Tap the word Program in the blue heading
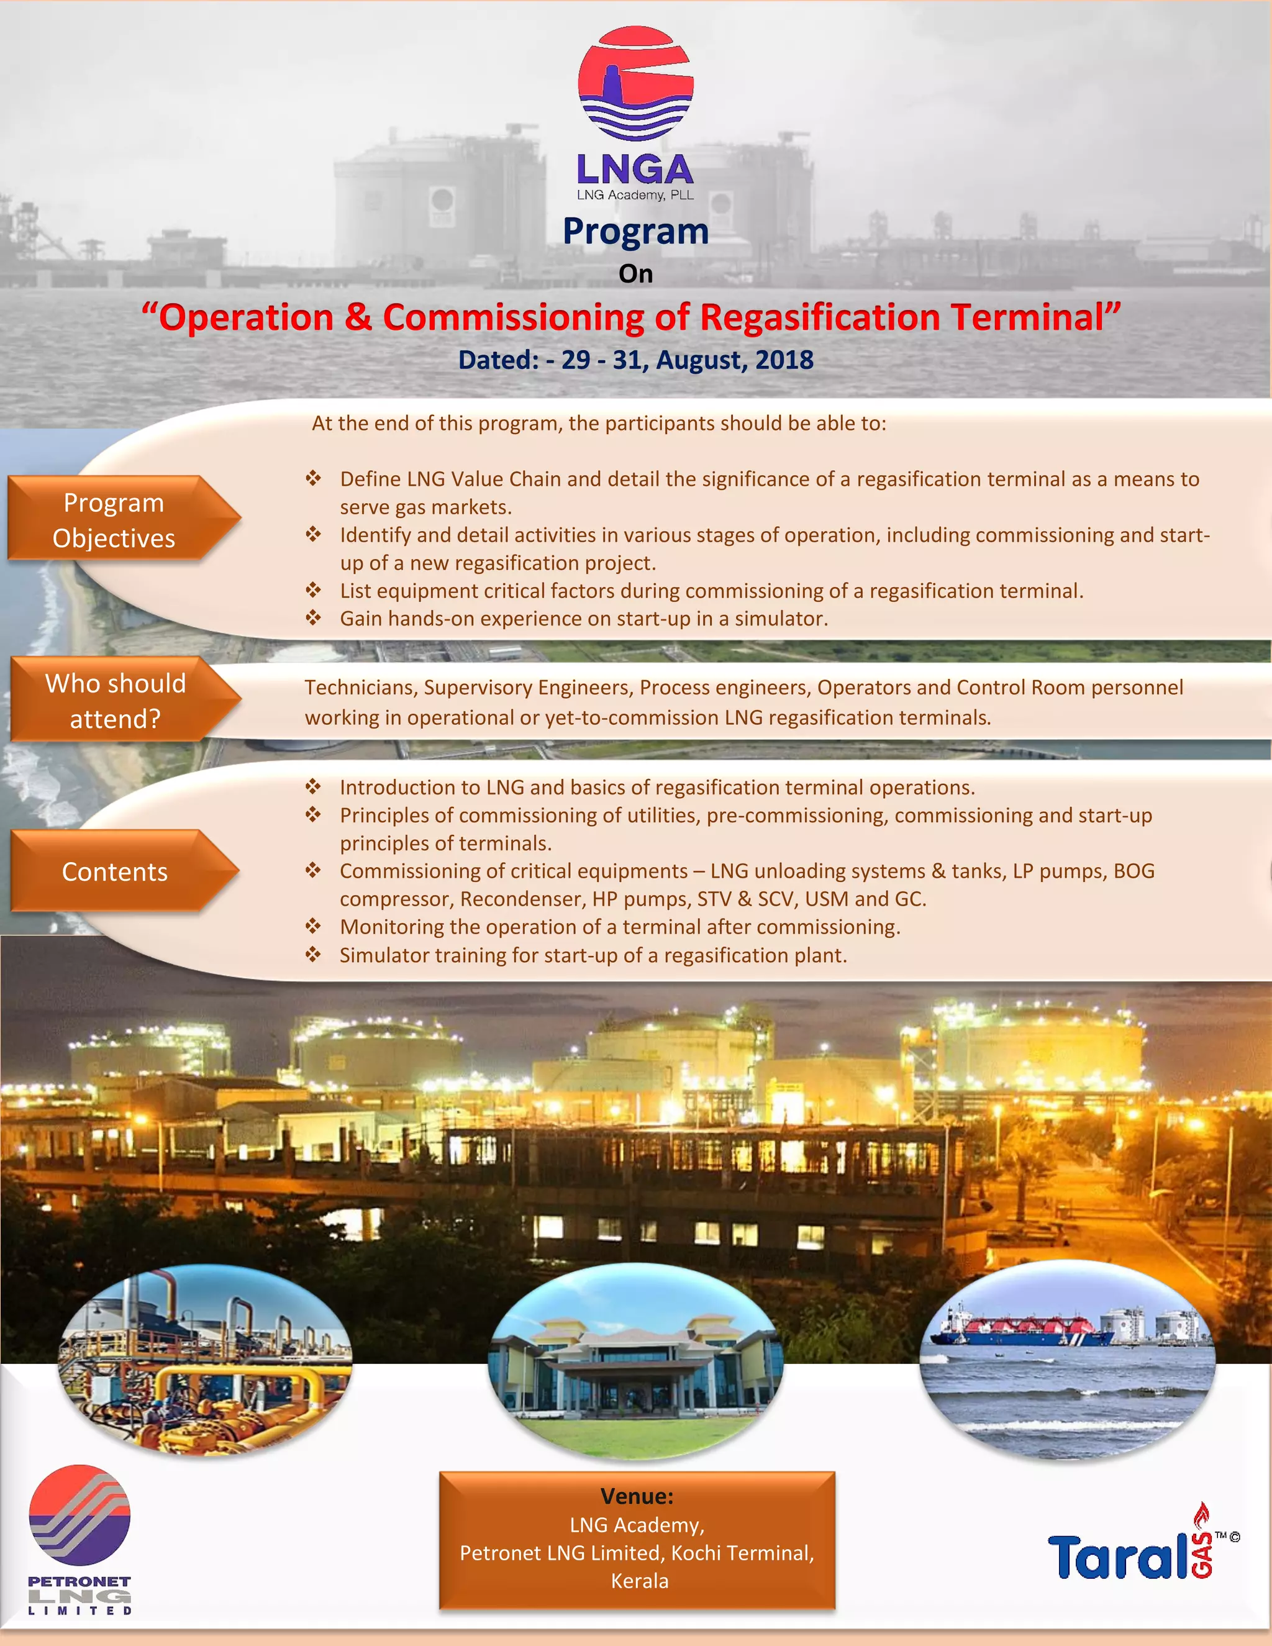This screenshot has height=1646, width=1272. tap(635, 232)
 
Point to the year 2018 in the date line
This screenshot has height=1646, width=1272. tap(784, 360)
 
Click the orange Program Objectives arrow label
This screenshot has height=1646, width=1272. tap(114, 520)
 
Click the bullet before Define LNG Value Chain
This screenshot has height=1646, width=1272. tap(314, 478)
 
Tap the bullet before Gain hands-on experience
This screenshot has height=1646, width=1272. tap(314, 618)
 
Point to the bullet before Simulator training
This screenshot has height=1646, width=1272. tap(314, 955)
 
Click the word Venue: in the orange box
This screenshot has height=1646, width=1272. tap(637, 1496)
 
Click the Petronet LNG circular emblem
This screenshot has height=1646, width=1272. tap(79, 1515)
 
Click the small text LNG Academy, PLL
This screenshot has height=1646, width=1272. tap(635, 195)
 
